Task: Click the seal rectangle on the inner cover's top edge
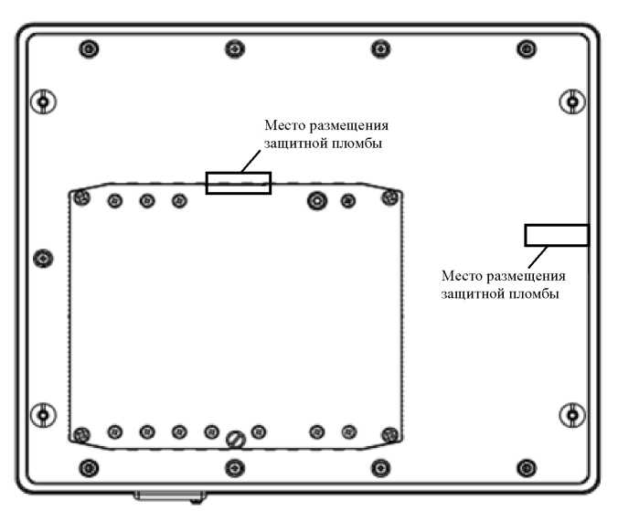(x=238, y=183)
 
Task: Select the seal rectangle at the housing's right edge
(x=556, y=235)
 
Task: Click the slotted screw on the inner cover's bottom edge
(x=235, y=439)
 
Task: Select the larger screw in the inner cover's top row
(x=316, y=201)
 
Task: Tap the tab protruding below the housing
(x=168, y=496)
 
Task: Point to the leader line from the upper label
(x=251, y=162)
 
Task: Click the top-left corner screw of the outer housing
(x=87, y=48)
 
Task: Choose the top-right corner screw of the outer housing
(x=526, y=48)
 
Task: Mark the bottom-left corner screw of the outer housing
(x=87, y=468)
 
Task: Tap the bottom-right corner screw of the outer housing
(x=526, y=468)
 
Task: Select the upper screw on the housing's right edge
(x=572, y=101)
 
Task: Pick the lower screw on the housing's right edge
(x=572, y=414)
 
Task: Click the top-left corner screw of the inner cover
(x=82, y=196)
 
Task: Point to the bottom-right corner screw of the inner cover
(x=389, y=434)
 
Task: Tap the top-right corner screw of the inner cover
(x=390, y=196)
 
